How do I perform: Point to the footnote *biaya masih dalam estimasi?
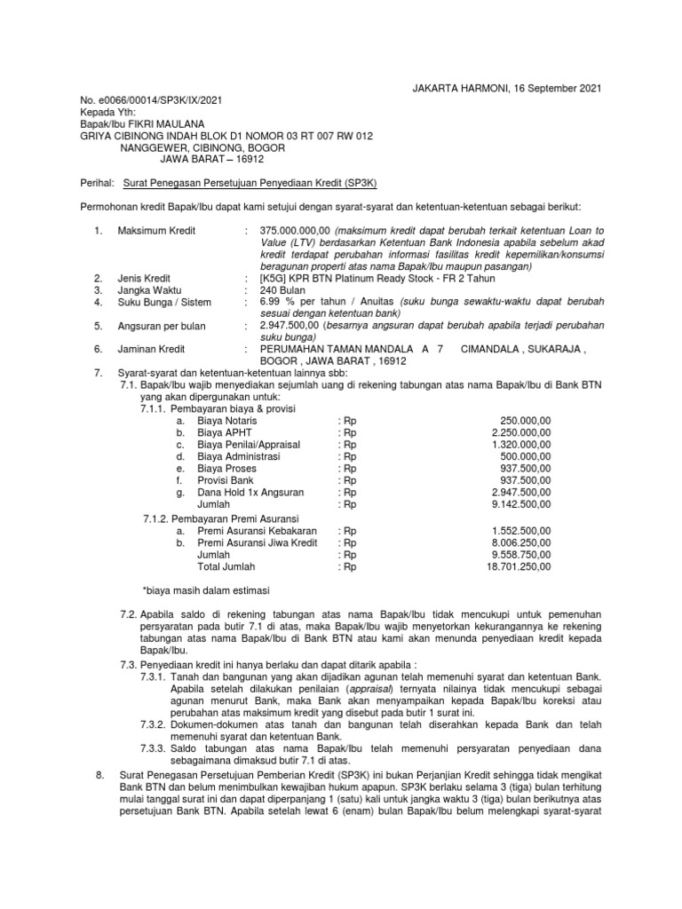point(206,590)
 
